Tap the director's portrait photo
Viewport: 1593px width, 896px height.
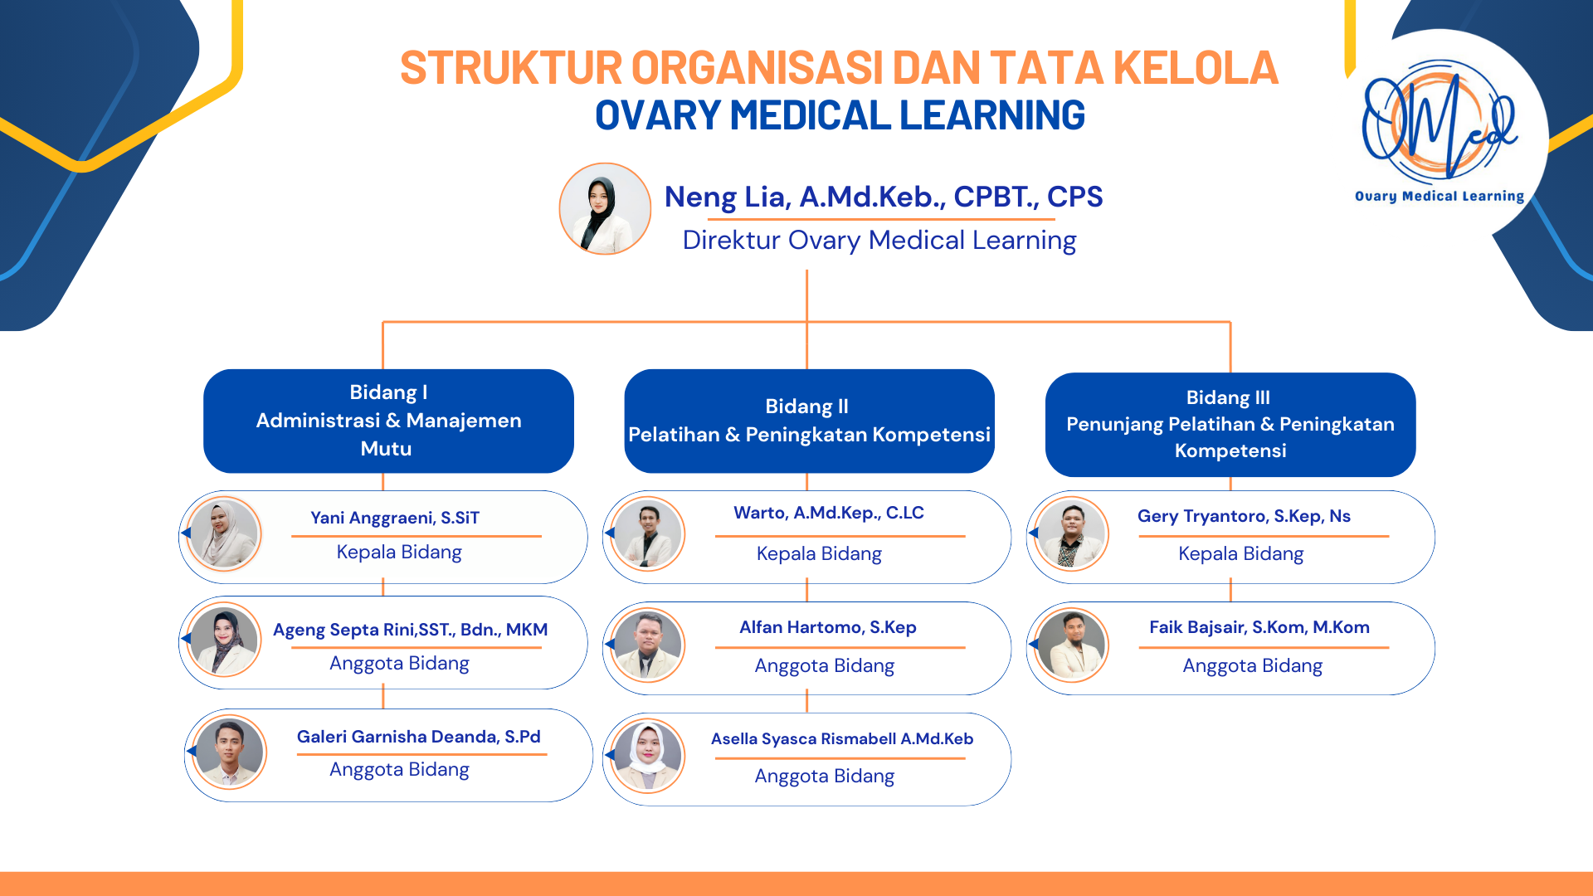click(605, 208)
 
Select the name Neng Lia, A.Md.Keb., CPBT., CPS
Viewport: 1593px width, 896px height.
click(883, 197)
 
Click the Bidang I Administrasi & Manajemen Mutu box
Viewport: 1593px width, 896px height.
click(388, 421)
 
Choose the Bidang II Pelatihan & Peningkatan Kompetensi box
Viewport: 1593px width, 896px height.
click(809, 421)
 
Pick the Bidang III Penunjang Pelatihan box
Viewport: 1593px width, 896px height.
click(1230, 424)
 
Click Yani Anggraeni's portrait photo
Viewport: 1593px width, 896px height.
click(224, 534)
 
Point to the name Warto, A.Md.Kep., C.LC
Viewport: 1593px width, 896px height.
click(828, 513)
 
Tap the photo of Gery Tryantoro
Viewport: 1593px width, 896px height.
click(1071, 534)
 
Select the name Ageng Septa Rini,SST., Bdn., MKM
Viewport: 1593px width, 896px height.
click(410, 630)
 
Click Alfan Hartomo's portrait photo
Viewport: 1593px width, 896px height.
click(647, 645)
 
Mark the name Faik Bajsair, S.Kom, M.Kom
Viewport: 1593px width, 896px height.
click(1259, 627)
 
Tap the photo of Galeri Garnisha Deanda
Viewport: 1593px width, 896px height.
click(229, 752)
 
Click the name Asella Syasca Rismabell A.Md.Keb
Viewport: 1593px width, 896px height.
click(841, 738)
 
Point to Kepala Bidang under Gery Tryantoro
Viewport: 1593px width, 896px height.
click(1240, 553)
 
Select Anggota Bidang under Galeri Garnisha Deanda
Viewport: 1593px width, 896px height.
click(399, 770)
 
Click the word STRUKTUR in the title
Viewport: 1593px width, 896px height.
click(510, 68)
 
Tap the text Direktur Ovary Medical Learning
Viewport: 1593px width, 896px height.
click(879, 241)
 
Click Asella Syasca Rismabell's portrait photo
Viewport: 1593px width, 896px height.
click(647, 756)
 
